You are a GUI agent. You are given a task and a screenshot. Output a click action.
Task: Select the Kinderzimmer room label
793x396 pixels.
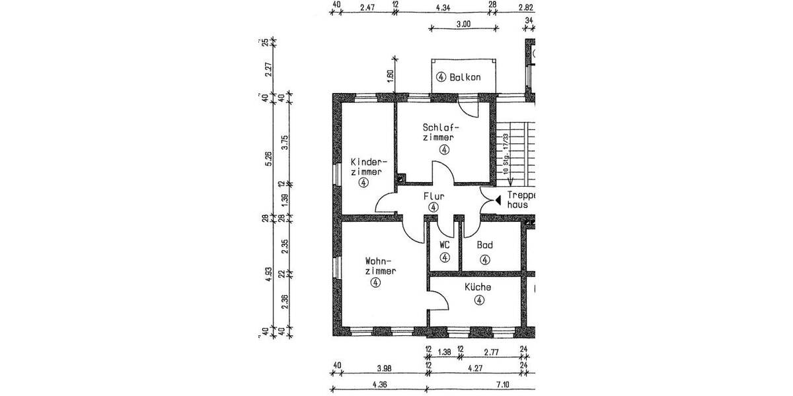367,167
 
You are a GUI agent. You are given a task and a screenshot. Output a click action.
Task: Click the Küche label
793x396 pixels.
477,287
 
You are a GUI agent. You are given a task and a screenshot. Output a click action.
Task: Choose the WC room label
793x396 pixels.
445,244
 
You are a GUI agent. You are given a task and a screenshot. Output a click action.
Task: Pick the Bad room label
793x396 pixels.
485,245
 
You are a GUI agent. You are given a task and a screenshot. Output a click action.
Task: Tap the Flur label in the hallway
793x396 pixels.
434,196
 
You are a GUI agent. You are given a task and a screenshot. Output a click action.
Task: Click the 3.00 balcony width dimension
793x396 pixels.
463,24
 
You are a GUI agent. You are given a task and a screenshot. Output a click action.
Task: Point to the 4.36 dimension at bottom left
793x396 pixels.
379,384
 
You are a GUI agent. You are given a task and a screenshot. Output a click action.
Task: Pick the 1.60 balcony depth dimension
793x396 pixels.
390,76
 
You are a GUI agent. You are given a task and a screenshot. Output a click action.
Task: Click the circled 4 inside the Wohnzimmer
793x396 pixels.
375,282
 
